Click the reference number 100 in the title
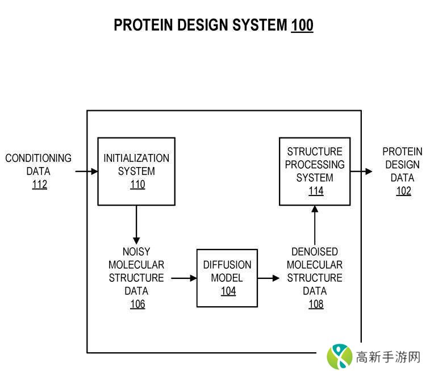click(x=302, y=25)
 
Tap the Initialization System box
click(x=136, y=170)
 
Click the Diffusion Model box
click(x=227, y=278)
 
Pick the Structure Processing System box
click(x=314, y=170)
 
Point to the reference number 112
click(x=39, y=185)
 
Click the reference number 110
click(x=137, y=185)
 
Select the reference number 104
click(x=227, y=291)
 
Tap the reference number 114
click(x=315, y=191)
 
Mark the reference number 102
click(x=403, y=191)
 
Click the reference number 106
click(x=137, y=305)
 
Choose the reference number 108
click(x=315, y=305)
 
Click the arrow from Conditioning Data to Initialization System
click(x=87, y=171)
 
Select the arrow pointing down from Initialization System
click(x=136, y=224)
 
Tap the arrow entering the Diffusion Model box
click(x=183, y=278)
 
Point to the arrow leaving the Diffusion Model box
click(x=269, y=278)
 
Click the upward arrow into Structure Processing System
click(x=315, y=225)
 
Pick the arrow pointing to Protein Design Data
click(x=361, y=171)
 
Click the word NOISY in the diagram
click(x=136, y=252)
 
